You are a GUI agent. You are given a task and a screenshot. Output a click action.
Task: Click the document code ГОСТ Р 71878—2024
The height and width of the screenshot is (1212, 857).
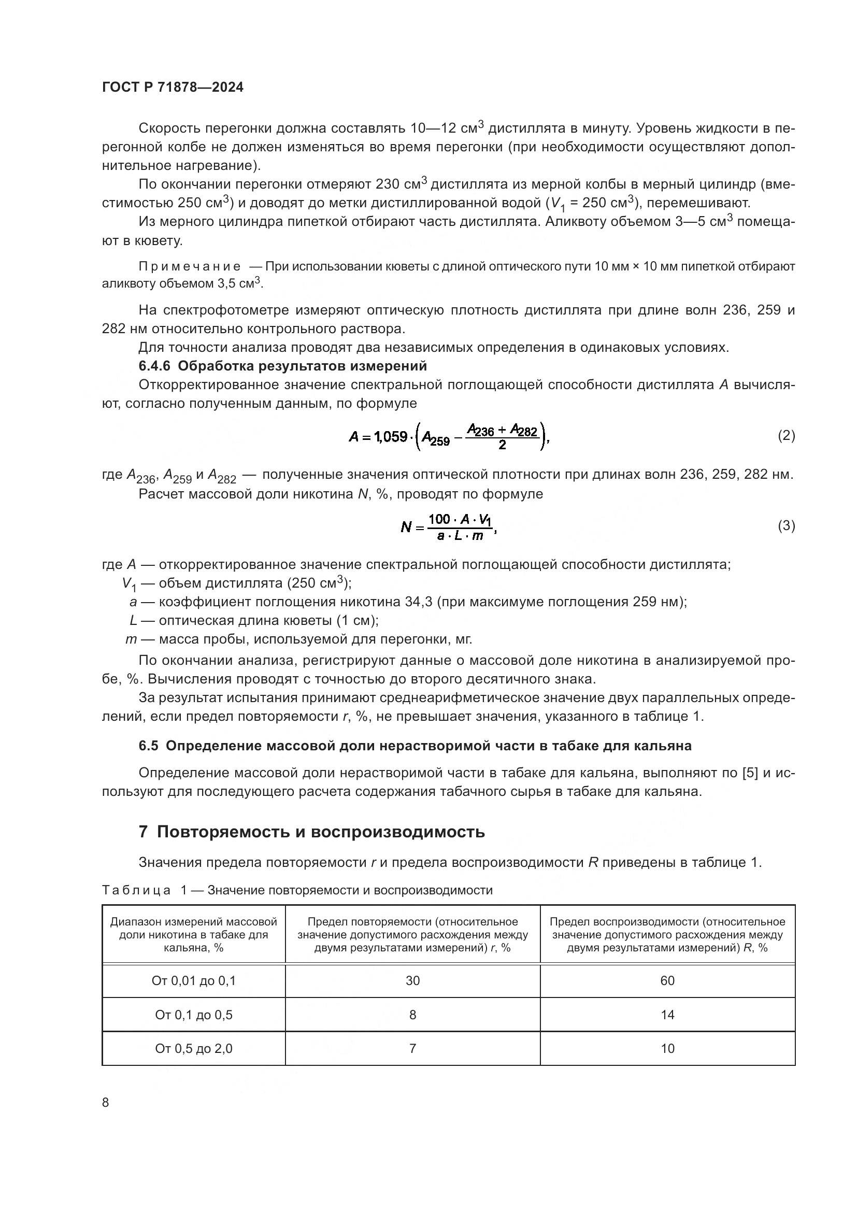173,88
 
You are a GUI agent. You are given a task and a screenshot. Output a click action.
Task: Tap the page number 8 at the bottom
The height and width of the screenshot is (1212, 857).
106,1102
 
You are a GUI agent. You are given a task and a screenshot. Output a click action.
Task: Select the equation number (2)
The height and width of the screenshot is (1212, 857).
787,435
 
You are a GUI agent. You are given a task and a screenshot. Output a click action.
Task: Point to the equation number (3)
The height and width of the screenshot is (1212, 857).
787,526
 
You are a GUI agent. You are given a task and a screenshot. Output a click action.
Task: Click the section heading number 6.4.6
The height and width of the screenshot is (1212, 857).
154,366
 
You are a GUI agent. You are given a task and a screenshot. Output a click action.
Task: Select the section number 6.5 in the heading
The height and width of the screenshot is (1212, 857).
148,746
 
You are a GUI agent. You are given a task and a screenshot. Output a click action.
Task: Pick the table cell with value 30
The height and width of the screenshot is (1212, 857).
412,981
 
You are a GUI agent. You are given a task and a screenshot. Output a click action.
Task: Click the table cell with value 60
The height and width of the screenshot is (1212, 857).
667,981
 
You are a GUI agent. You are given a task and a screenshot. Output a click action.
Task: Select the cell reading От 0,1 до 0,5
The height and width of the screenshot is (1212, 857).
194,1015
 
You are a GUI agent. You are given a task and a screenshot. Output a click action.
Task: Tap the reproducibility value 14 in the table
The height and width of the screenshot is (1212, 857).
667,1015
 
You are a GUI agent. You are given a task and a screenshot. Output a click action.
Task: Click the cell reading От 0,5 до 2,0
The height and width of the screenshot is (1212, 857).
194,1049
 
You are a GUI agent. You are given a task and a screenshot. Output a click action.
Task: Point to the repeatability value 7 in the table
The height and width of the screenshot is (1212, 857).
412,1049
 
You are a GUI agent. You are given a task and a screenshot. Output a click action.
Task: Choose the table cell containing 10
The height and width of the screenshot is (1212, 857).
667,1049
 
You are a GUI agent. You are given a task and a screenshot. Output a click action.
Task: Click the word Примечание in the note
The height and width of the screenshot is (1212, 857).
190,266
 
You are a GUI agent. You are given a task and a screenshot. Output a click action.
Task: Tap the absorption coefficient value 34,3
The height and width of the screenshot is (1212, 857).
420,602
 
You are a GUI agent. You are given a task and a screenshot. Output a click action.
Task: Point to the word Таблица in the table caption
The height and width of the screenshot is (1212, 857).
136,891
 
